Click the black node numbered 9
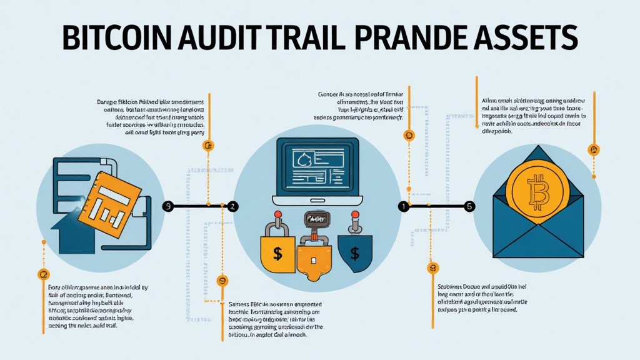(167, 206)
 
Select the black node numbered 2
(232, 206)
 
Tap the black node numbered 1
(404, 206)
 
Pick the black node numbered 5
(470, 206)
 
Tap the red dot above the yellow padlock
(276, 216)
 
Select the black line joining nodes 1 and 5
(437, 206)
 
